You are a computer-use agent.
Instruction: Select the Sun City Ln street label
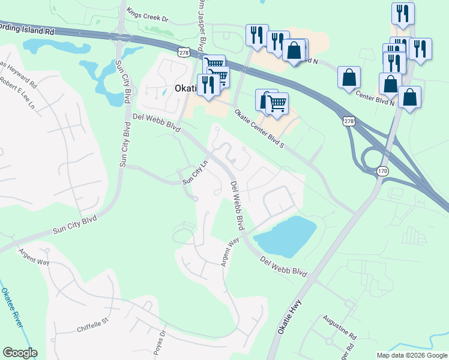coord(195,172)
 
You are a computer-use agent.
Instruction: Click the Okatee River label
coord(13,307)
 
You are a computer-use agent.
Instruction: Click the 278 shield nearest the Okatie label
coord(184,53)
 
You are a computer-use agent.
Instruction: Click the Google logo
coord(20,352)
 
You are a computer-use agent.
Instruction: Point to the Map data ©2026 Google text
coord(411,355)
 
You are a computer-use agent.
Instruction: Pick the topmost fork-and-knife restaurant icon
coord(402,13)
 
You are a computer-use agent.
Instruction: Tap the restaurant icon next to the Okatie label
coord(208,85)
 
